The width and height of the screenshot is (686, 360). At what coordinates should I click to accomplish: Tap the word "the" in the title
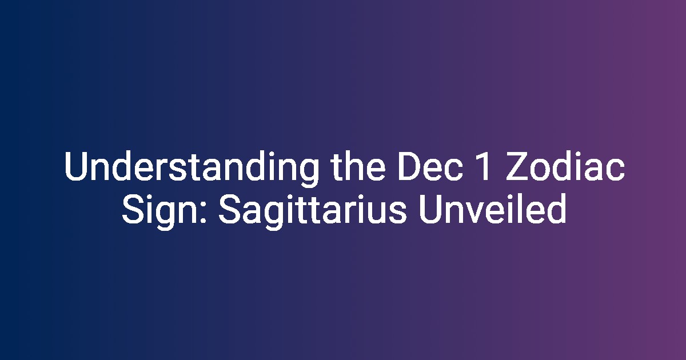click(358, 166)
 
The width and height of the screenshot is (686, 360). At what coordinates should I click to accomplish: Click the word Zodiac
click(565, 166)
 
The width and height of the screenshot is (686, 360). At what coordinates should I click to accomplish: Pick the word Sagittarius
click(312, 211)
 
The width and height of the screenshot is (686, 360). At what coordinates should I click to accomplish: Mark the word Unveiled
click(492, 209)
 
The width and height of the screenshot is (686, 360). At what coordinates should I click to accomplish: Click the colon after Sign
click(204, 214)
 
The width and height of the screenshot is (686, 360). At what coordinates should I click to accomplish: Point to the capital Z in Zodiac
click(517, 166)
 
